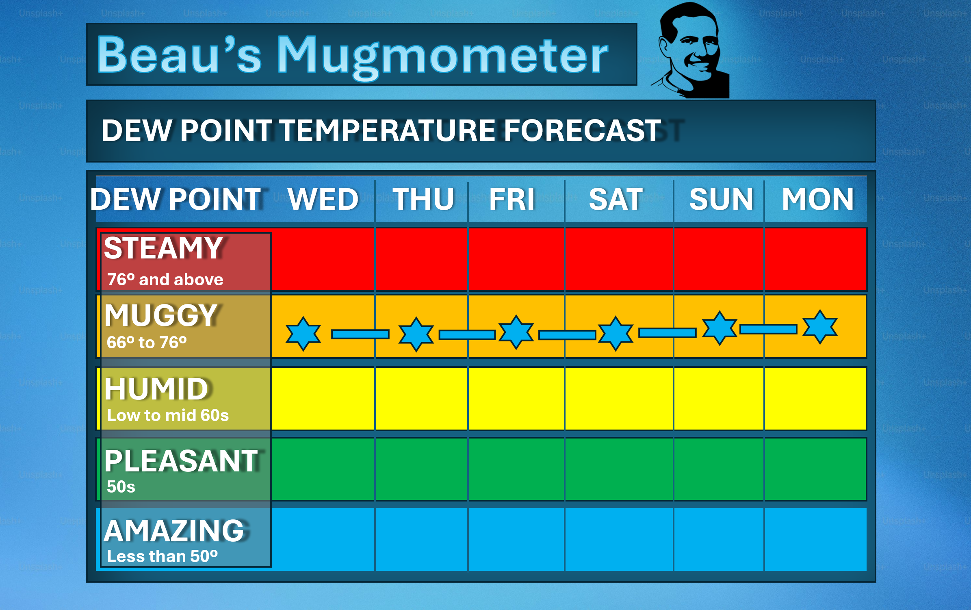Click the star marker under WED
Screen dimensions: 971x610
303,333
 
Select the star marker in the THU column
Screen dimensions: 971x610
416,334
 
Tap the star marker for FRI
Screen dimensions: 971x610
516,332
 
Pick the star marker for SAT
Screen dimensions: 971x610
616,333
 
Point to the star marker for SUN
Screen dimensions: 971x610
720,328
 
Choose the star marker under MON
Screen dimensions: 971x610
820,327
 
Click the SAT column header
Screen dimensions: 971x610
616,200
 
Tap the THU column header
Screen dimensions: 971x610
423,200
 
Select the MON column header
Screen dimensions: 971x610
818,200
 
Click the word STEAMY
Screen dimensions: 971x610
163,248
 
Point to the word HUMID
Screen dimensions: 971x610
156,389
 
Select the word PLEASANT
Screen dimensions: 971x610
181,461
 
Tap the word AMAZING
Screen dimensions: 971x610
174,531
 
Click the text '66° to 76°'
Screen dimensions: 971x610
147,343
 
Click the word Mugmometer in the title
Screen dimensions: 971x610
442,57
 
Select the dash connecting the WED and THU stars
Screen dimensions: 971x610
360,334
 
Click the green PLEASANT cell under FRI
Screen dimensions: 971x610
516,469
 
